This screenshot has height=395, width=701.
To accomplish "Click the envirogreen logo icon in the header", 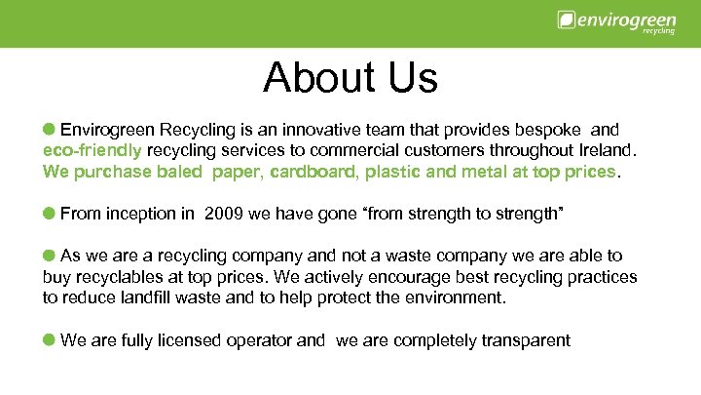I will (x=566, y=20).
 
